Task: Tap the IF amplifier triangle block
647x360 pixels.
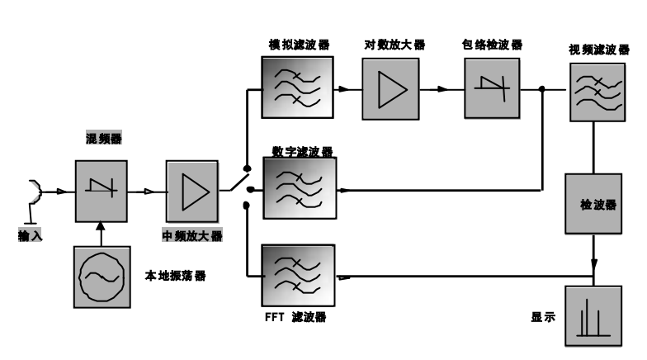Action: point(192,191)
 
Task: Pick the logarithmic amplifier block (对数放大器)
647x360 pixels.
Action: point(391,88)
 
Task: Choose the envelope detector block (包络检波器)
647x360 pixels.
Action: point(490,89)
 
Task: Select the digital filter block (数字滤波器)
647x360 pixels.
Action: point(300,188)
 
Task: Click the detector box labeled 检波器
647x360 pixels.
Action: point(593,203)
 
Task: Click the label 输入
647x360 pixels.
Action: point(30,236)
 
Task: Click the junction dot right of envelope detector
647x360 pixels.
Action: point(542,89)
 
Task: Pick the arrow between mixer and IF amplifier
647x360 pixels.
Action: point(149,192)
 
